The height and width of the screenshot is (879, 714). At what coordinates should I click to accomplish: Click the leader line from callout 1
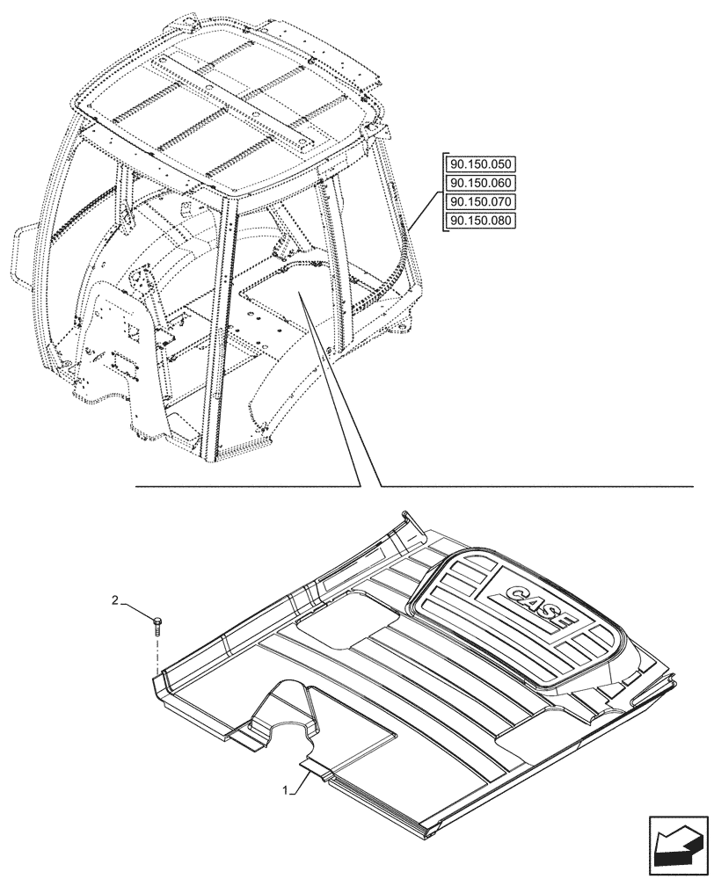[299, 778]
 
